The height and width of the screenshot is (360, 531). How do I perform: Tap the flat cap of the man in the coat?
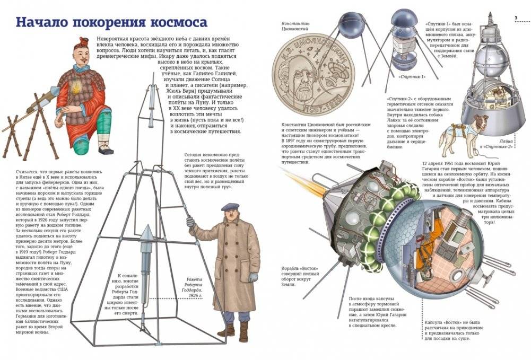[230, 206]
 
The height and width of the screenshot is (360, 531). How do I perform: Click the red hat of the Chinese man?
[83, 42]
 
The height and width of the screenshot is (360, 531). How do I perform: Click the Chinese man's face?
[82, 56]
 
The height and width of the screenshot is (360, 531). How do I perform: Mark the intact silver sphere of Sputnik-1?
[349, 28]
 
